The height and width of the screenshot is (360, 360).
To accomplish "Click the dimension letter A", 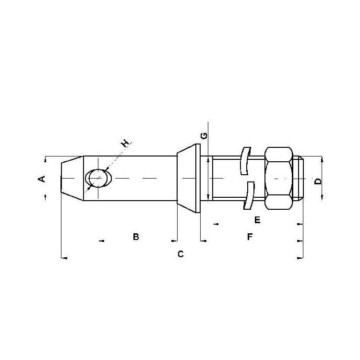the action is (42, 179).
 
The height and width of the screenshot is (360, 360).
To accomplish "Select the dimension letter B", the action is (136, 237).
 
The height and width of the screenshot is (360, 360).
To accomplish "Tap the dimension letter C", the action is (180, 254).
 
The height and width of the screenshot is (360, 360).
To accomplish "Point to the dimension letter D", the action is (318, 181).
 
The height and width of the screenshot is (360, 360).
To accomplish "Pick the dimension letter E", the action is (257, 220).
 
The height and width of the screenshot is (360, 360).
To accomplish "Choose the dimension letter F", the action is (250, 237).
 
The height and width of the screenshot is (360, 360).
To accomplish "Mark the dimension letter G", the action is (204, 136).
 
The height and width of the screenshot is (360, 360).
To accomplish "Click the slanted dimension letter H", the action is (125, 144).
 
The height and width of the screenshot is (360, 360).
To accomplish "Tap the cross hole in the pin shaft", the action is (98, 178).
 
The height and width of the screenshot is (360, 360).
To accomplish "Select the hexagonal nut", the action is (279, 178).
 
